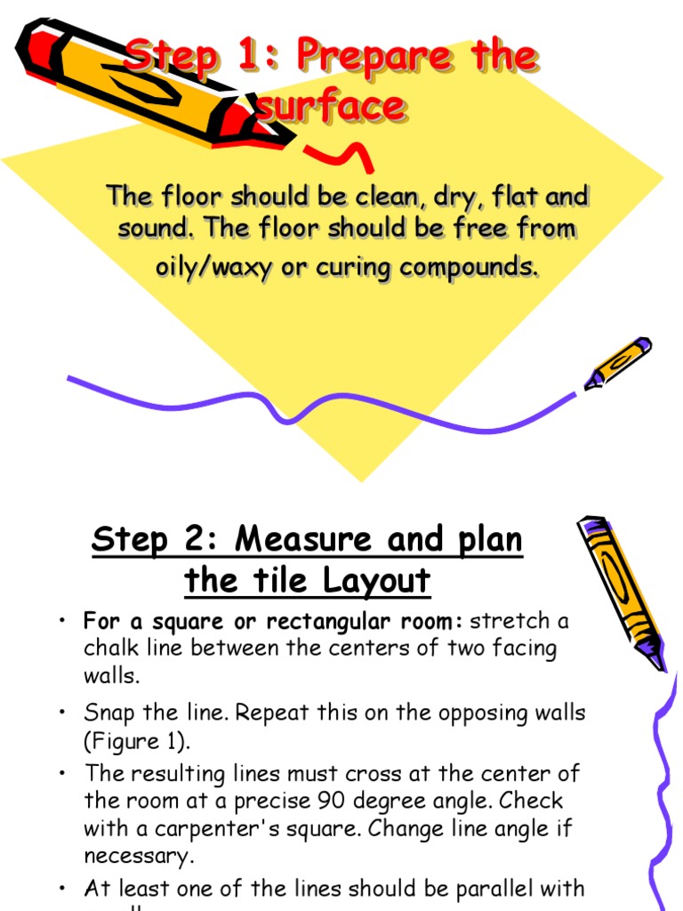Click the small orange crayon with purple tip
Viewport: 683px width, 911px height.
click(x=618, y=362)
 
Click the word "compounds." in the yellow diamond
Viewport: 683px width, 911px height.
click(x=467, y=266)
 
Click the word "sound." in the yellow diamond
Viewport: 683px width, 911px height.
click(x=156, y=229)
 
